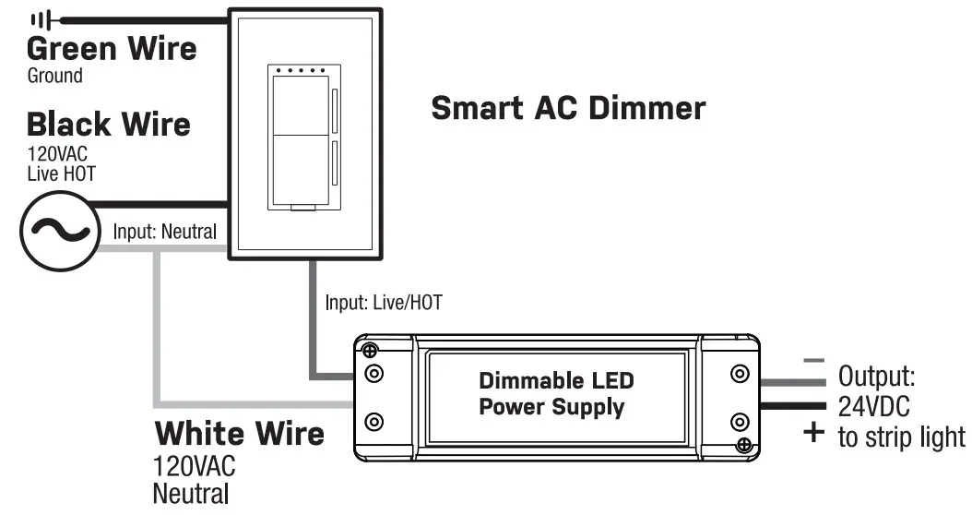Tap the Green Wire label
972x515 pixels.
[112, 48]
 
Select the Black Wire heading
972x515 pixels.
[108, 124]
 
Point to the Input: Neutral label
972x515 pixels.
[165, 231]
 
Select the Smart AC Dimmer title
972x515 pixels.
[568, 108]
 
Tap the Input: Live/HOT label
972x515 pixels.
[386, 302]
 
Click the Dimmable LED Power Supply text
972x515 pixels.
[556, 393]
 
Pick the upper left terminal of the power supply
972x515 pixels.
[374, 374]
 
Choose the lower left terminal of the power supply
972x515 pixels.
[374, 422]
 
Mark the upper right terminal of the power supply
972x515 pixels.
[739, 374]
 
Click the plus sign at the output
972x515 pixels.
[812, 432]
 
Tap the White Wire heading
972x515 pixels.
[239, 433]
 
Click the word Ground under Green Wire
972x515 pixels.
[54, 76]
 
